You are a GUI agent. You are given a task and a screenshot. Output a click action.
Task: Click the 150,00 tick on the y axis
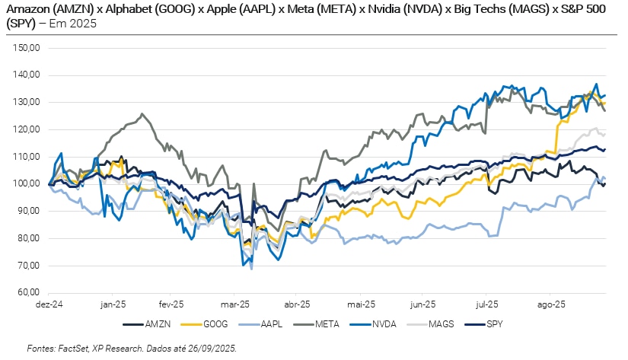point(27,48)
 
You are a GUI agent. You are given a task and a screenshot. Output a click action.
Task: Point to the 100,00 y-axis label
point(27,183)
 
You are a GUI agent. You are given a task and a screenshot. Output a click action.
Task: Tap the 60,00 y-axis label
point(28,292)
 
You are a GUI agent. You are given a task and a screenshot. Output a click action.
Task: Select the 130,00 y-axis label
point(27,102)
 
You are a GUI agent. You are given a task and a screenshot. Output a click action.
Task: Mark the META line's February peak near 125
point(142,114)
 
